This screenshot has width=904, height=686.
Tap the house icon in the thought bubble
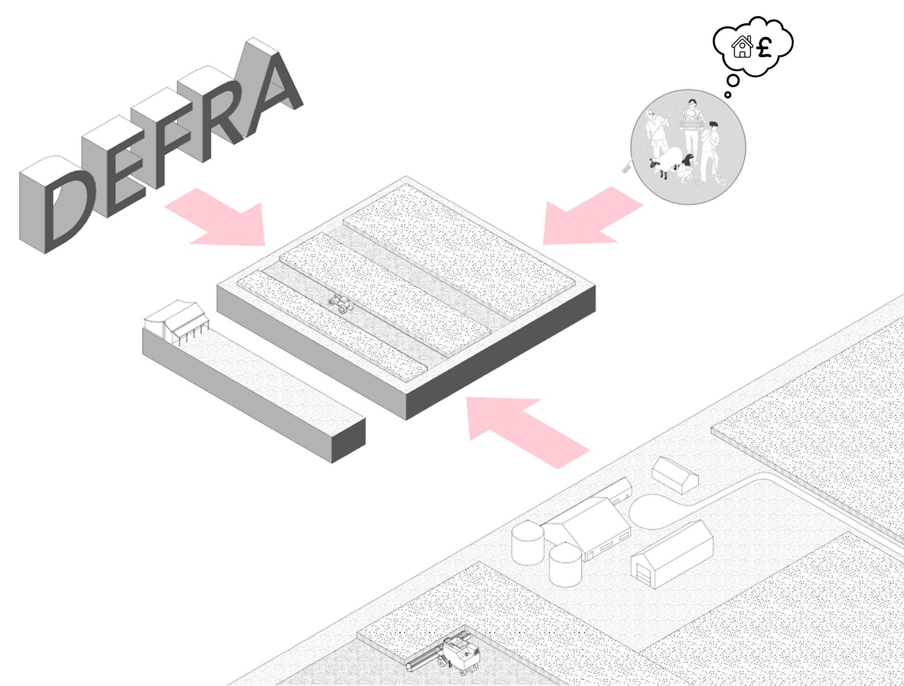(x=742, y=47)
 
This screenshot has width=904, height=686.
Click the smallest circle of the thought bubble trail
(x=728, y=95)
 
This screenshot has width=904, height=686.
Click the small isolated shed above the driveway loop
(x=675, y=474)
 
